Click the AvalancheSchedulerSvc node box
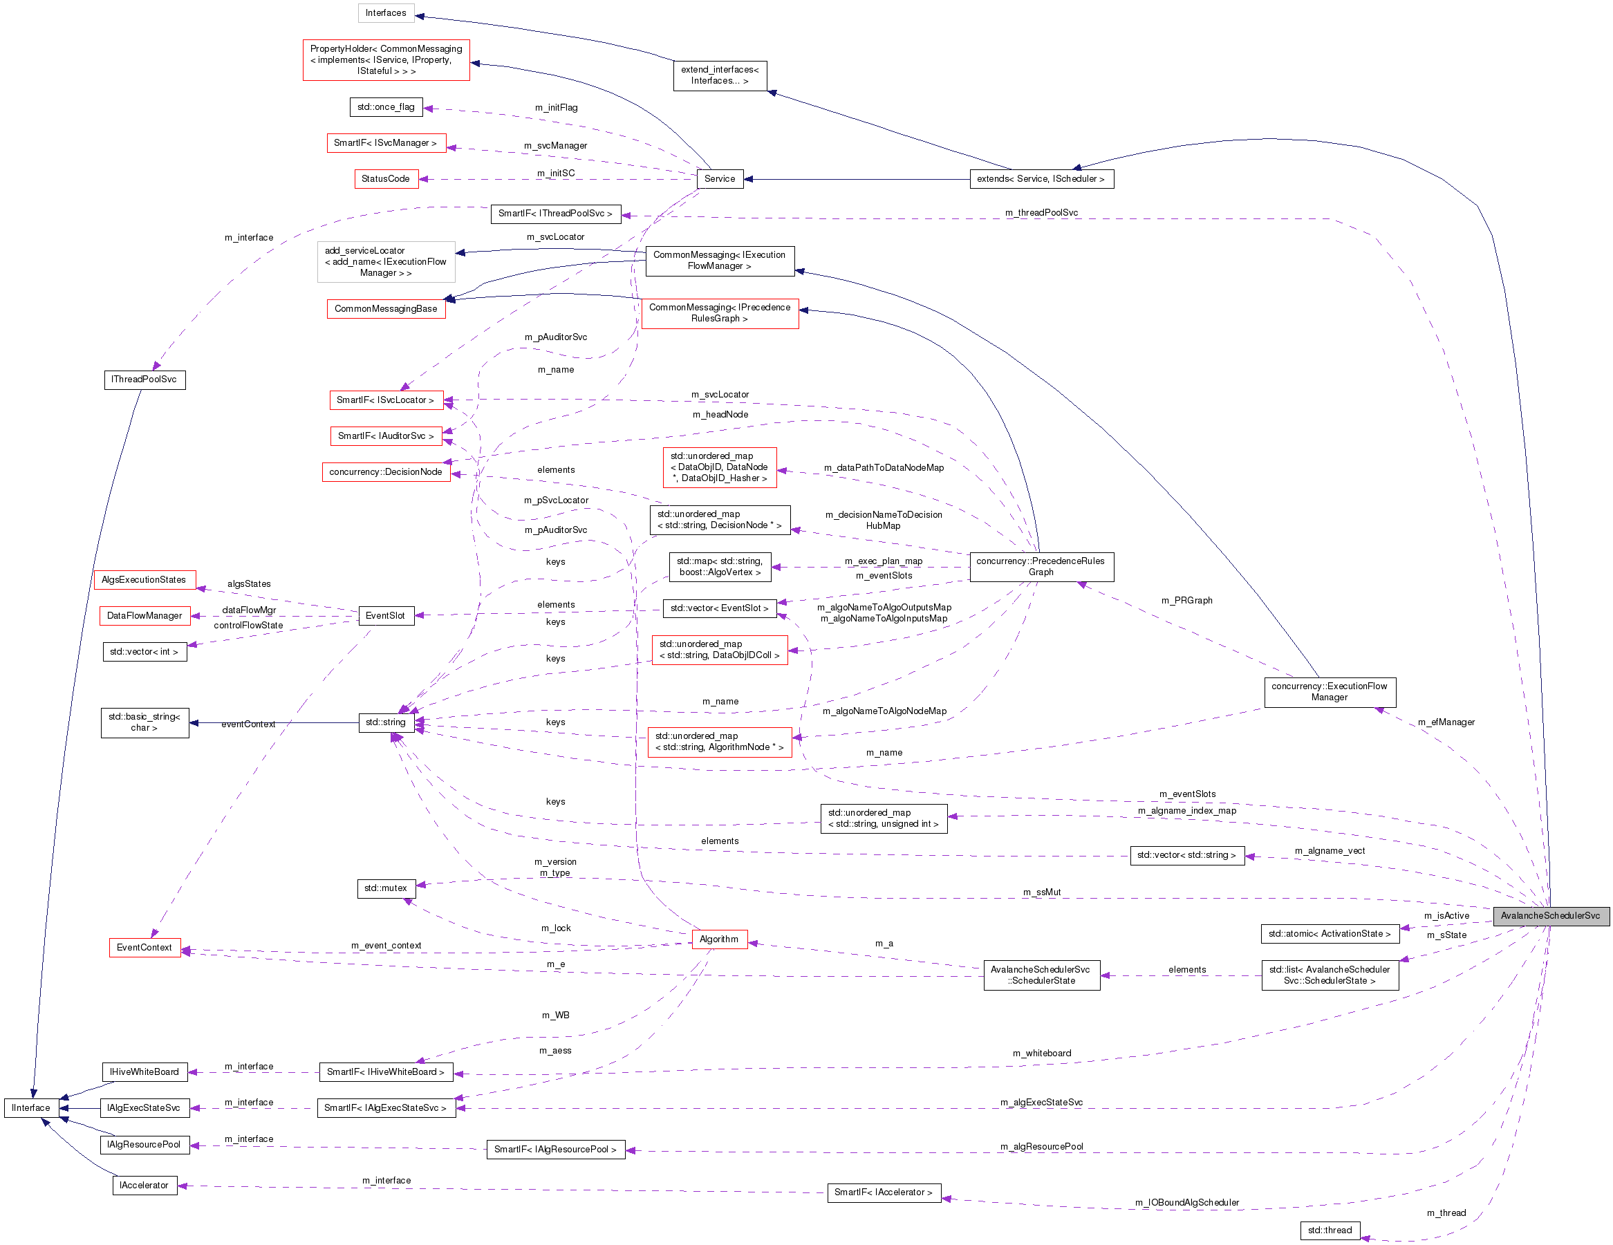pyautogui.click(x=1550, y=916)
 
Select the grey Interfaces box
pyautogui.click(x=386, y=13)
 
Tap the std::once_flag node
pyautogui.click(x=386, y=107)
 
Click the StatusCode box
pyautogui.click(x=386, y=179)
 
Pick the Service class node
pyautogui.click(x=719, y=179)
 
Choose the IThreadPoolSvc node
pyautogui.click(x=144, y=380)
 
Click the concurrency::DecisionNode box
pyautogui.click(x=386, y=472)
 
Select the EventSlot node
pyautogui.click(x=386, y=616)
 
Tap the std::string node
pyautogui.click(x=386, y=722)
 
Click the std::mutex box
pyautogui.click(x=386, y=888)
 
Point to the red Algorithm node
pyautogui.click(x=719, y=939)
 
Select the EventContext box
pyautogui.click(x=144, y=948)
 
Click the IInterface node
pyautogui.click(x=31, y=1107)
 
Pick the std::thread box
pyautogui.click(x=1330, y=1230)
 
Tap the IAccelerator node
pyautogui.click(x=144, y=1185)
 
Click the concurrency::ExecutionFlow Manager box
pyautogui.click(x=1330, y=692)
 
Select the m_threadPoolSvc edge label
pyautogui.click(x=1041, y=213)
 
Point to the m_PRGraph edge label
pyautogui.click(x=1187, y=600)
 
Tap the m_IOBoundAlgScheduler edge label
pyautogui.click(x=1187, y=1203)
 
